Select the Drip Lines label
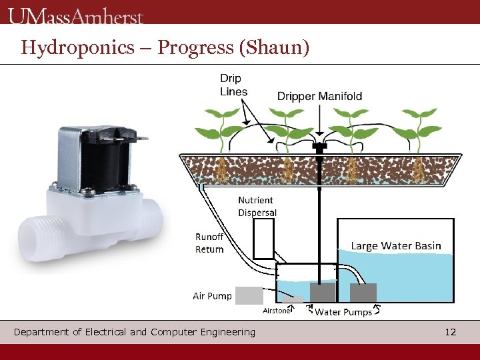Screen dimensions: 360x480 pos(234,85)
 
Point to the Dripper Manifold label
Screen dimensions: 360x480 pos(319,96)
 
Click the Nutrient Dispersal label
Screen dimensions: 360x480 pos(257,207)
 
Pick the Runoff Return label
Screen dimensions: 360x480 pos(209,243)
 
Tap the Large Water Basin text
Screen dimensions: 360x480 pos(396,246)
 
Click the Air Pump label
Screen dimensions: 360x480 pos(212,296)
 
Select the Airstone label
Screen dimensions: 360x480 pos(276,311)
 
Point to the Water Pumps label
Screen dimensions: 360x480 pos(343,312)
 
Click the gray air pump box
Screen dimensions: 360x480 pos(249,295)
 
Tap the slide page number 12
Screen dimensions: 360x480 pos(451,332)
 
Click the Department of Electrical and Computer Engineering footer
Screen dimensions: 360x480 pos(134,332)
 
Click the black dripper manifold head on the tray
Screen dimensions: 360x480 pos(320,147)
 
